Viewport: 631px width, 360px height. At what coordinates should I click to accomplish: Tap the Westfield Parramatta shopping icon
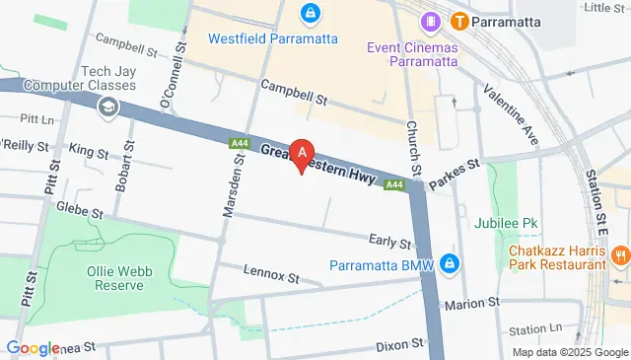point(310,14)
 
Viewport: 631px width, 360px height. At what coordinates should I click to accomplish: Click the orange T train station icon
point(459,20)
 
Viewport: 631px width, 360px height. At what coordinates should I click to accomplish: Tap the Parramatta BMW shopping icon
point(450,264)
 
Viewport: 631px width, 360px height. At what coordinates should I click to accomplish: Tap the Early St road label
point(390,242)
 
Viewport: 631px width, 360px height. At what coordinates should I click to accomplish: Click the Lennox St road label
point(270,277)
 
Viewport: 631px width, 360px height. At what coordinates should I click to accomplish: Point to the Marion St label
point(473,305)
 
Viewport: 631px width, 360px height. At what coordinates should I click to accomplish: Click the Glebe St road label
point(80,210)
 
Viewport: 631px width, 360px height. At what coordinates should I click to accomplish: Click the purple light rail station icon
point(431,20)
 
